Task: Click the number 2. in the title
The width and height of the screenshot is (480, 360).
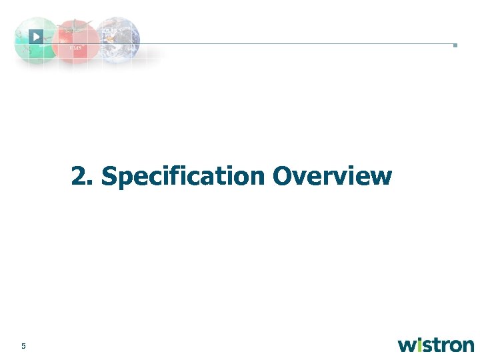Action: click(84, 177)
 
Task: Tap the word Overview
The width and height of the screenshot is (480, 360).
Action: click(332, 177)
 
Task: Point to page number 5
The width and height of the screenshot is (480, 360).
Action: click(23, 346)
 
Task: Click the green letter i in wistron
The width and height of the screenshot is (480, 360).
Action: click(421, 344)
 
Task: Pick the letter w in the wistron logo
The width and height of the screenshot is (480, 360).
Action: click(408, 345)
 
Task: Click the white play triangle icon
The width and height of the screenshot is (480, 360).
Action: click(37, 37)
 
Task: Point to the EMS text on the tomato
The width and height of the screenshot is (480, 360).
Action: click(75, 48)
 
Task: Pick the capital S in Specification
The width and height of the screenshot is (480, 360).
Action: click(109, 177)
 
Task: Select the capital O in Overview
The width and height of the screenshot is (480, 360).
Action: click(283, 177)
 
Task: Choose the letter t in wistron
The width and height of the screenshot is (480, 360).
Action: click(437, 345)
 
